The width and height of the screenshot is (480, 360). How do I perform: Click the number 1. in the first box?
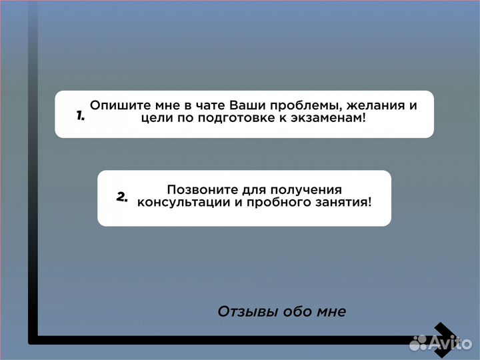tap(80, 115)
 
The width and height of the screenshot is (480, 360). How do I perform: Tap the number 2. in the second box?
tap(122, 197)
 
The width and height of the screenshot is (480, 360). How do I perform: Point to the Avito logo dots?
tap(418, 343)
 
